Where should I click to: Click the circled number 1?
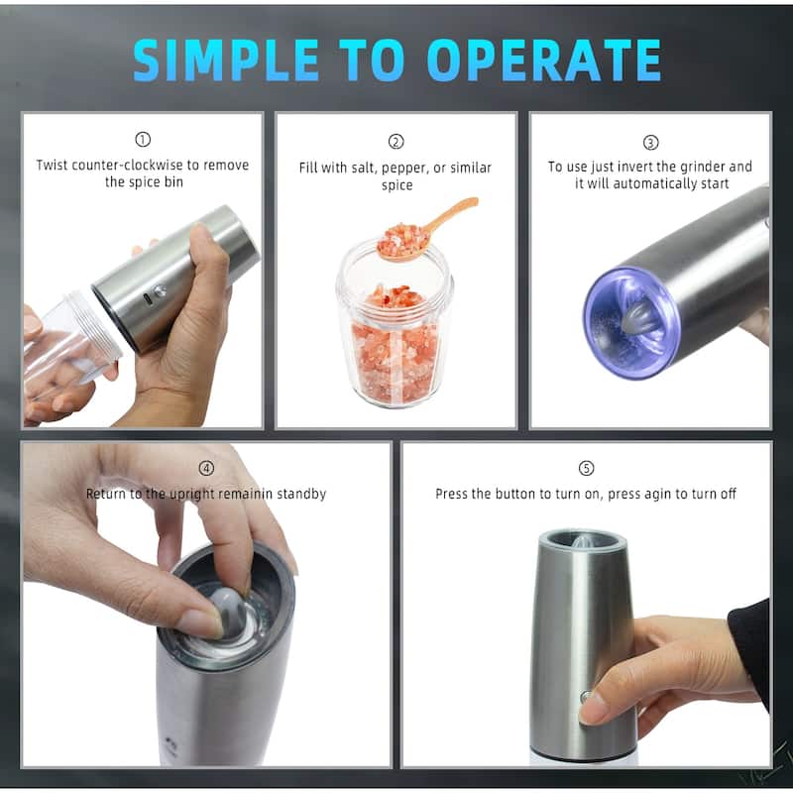click(142, 141)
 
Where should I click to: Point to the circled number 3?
click(650, 142)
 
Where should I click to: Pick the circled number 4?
click(206, 468)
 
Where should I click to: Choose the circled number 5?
click(586, 468)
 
